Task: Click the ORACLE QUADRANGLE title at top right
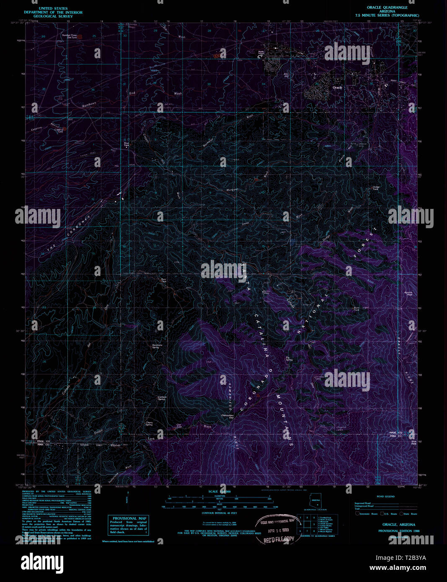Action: [x=387, y=8]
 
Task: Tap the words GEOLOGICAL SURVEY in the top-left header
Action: [x=53, y=16]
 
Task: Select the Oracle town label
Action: [x=337, y=88]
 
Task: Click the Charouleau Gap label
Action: [x=227, y=416]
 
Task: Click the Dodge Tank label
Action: [x=375, y=188]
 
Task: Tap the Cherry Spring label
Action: [x=149, y=424]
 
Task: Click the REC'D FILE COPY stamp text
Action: [x=279, y=539]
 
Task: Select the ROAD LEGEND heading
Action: [x=385, y=496]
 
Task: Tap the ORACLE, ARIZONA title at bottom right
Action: [x=398, y=525]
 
